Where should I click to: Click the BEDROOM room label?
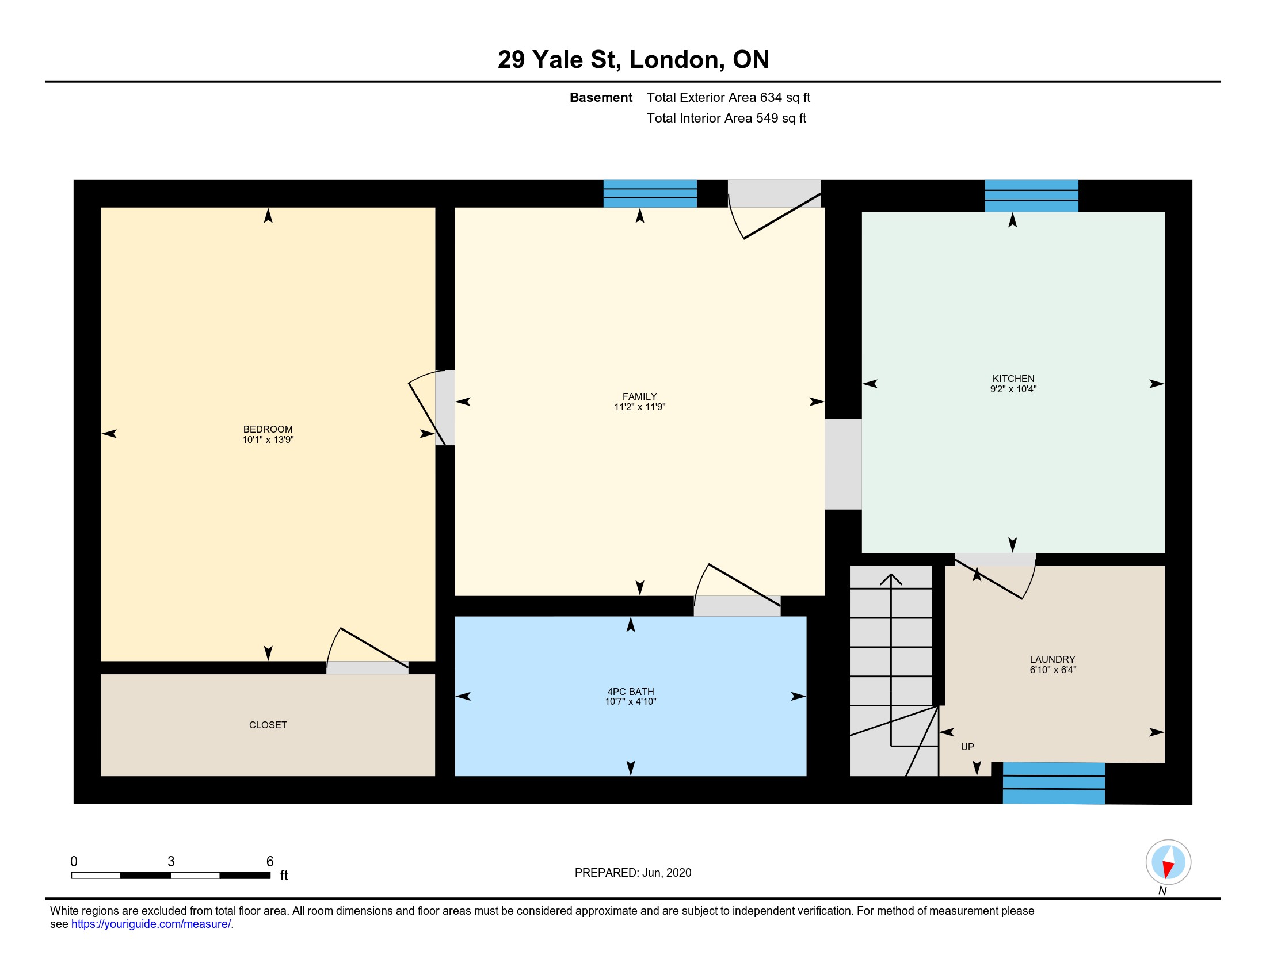click(268, 429)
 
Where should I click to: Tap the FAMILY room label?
click(639, 396)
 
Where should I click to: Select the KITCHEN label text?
click(1013, 379)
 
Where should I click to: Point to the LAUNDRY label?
click(1052, 659)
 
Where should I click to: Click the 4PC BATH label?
click(630, 691)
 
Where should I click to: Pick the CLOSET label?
click(268, 725)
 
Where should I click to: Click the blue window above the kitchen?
click(1031, 196)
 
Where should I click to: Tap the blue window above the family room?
click(650, 193)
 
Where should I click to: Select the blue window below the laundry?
click(1053, 784)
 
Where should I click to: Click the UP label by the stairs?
click(967, 747)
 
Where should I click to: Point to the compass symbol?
click(1168, 862)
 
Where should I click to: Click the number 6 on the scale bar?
click(269, 862)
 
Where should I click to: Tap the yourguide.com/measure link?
click(151, 924)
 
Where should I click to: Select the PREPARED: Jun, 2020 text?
click(633, 873)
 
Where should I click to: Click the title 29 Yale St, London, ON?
click(633, 59)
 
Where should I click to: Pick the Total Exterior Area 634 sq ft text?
click(728, 97)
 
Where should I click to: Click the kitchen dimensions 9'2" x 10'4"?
click(1013, 389)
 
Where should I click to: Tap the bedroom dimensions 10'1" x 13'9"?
click(268, 440)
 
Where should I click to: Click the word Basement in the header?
click(601, 97)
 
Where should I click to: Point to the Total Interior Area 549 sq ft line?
click(726, 118)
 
